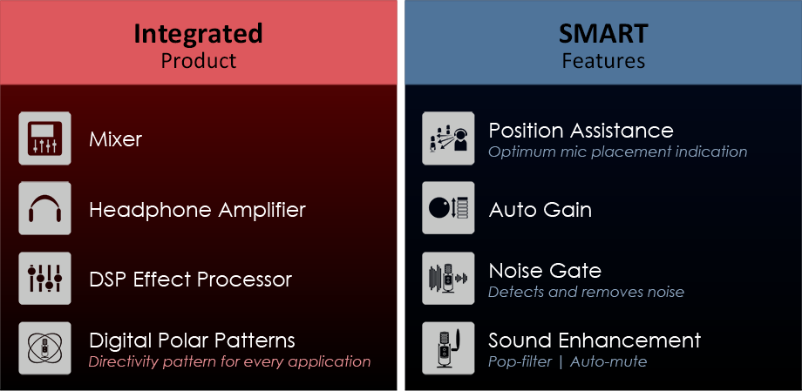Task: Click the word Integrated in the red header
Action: click(199, 35)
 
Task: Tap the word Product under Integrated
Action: click(199, 61)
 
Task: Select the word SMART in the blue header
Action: click(603, 34)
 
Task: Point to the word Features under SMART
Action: click(603, 61)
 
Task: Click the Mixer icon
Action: click(45, 138)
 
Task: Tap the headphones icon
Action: click(45, 208)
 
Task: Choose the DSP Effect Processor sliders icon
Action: click(45, 279)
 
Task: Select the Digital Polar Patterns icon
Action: click(45, 348)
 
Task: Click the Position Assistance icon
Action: click(448, 138)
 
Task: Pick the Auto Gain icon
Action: click(448, 208)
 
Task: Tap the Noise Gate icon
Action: click(448, 279)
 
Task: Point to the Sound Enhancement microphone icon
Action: click(448, 348)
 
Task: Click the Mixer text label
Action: click(116, 139)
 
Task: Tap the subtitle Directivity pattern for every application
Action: click(229, 362)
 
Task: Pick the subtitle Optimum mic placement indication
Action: click(617, 152)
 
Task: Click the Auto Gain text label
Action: click(540, 210)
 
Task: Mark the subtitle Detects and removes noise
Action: click(586, 292)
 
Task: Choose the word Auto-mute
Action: click(608, 362)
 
